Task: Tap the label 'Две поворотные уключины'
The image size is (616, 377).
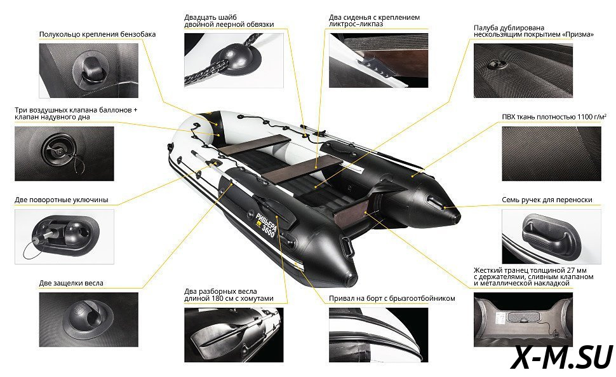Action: [x=62, y=200]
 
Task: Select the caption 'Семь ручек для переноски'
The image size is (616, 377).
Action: [x=547, y=200]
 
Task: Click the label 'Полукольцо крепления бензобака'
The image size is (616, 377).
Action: [x=97, y=34]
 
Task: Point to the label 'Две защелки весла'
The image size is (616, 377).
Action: [x=71, y=283]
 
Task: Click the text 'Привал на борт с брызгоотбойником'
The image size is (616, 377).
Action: [x=392, y=298]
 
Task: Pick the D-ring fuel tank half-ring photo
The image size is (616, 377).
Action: [x=89, y=71]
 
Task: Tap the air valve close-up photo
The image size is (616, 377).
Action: [x=64, y=154]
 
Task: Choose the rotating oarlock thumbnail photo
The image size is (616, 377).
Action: [x=64, y=236]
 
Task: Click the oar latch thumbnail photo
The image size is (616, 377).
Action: [x=89, y=320]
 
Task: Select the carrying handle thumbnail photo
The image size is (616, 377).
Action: [x=552, y=236]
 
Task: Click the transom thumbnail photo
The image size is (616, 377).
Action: [x=523, y=320]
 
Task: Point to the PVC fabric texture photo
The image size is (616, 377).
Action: [x=552, y=154]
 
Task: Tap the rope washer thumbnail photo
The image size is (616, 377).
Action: [x=234, y=60]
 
